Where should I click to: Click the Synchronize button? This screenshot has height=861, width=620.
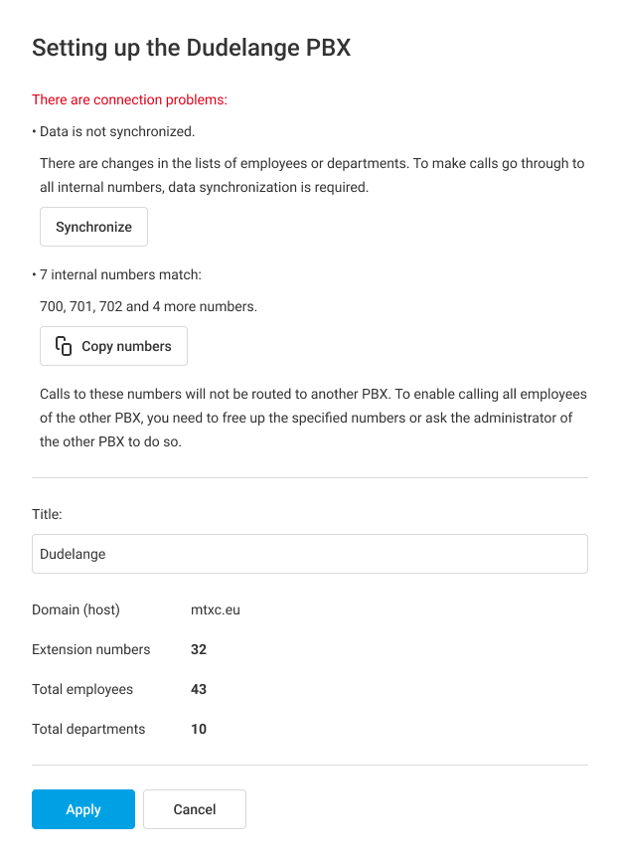coord(93,227)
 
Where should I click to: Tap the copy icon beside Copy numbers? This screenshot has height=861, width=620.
coord(64,346)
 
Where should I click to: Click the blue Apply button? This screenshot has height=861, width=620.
coord(83,809)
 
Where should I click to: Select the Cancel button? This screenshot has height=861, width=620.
coord(195,809)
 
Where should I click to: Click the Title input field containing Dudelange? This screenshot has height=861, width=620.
coord(309,554)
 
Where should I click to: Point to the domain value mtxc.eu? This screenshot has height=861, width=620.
coord(216,609)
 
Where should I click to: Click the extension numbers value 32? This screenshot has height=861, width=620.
coord(199,649)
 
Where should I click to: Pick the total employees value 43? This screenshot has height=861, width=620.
coord(199,689)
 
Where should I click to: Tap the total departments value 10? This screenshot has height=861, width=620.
coord(199,729)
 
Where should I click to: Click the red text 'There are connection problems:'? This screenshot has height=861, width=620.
coord(129,99)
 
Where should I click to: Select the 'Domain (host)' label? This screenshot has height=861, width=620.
coord(76,609)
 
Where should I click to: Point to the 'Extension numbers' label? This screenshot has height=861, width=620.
coord(90,649)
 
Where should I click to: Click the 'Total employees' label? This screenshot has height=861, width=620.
coord(82,689)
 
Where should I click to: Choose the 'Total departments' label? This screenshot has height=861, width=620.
coord(88,729)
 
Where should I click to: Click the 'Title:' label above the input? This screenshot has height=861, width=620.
coord(47,514)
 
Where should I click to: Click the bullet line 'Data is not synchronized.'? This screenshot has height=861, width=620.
coord(116,131)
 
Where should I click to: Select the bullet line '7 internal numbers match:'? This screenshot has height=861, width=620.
coord(119,274)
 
